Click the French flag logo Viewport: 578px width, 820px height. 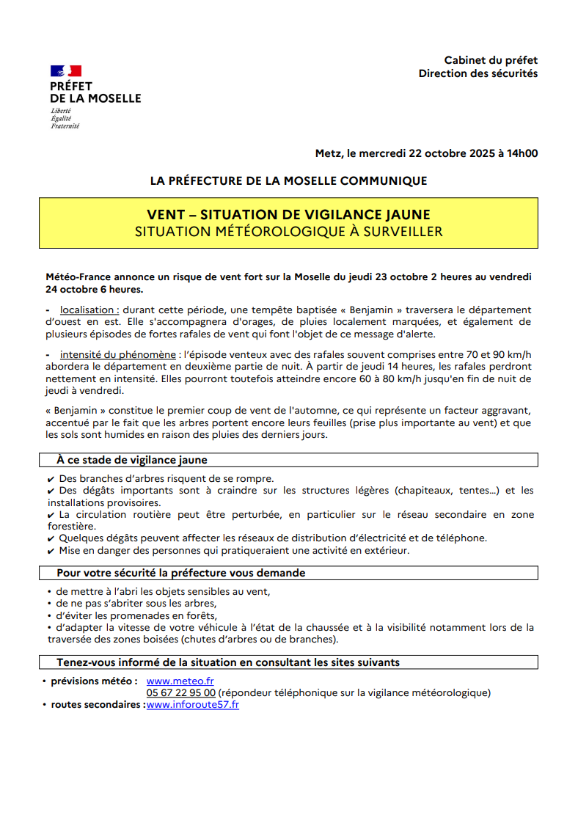point(65,71)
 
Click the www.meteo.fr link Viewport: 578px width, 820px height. point(180,681)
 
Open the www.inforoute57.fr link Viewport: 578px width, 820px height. point(193,705)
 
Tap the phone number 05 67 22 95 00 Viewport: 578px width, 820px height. point(180,693)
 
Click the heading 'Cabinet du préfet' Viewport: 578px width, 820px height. point(491,60)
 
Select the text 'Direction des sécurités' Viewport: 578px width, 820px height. point(478,73)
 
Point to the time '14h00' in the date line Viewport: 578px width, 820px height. point(523,153)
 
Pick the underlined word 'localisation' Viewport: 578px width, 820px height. point(88,310)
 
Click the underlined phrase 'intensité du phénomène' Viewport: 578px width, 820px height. point(118,355)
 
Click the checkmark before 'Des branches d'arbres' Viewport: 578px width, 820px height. point(51,479)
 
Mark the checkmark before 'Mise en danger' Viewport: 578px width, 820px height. point(51,550)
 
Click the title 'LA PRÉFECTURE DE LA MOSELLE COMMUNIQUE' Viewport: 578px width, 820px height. point(288,180)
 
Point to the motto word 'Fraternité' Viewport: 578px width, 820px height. point(65,126)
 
